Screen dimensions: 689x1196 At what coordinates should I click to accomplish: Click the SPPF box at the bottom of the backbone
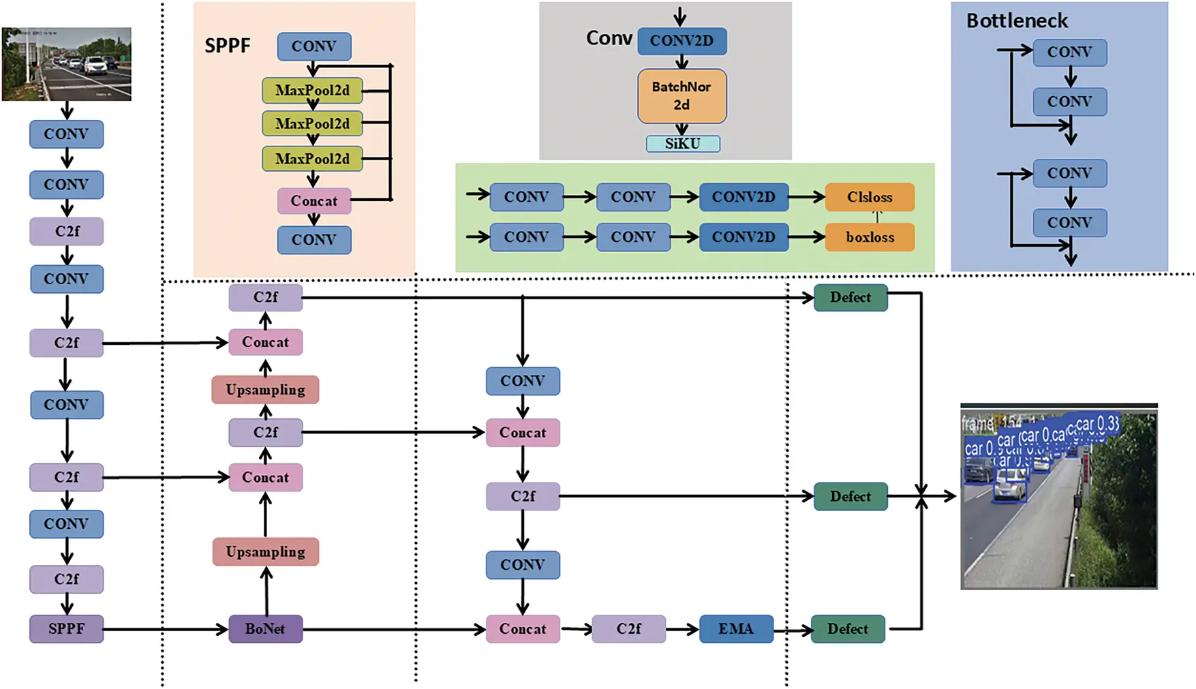[x=66, y=628]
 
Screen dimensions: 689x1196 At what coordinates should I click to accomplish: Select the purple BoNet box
[x=265, y=628]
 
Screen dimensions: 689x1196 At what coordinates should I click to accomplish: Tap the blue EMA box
[x=735, y=628]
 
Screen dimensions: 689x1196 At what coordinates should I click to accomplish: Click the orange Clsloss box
[x=870, y=197]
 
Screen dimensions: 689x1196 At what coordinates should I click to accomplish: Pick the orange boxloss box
[x=870, y=237]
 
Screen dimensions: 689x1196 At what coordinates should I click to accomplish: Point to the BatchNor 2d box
[x=681, y=96]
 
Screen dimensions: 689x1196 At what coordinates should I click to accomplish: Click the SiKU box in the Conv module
[x=682, y=144]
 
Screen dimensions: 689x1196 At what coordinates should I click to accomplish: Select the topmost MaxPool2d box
[x=312, y=90]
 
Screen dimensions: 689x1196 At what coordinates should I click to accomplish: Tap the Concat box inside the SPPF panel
[x=313, y=201]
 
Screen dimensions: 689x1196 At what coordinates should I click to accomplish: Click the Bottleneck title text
[x=1017, y=20]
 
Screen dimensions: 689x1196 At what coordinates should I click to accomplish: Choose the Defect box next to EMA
[x=847, y=628]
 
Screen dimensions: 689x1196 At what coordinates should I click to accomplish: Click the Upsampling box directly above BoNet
[x=265, y=551]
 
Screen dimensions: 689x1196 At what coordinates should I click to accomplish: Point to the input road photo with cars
[x=66, y=64]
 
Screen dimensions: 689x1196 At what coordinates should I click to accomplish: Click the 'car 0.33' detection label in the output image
[x=1097, y=424]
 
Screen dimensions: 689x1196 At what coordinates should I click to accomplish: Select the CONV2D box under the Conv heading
[x=681, y=41]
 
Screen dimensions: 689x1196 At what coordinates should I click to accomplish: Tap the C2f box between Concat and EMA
[x=628, y=628]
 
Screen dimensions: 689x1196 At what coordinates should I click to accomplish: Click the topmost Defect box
[x=850, y=297]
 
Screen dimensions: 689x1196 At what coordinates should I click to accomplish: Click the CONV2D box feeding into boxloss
[x=743, y=237]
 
